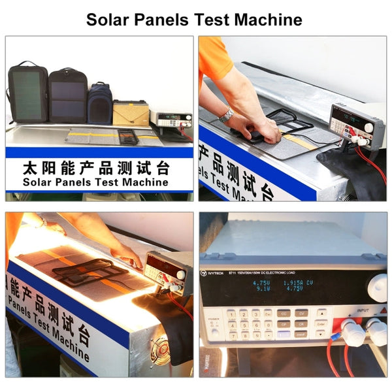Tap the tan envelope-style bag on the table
(131, 113)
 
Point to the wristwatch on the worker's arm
(227, 116)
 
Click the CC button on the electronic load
(284, 314)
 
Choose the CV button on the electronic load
(301, 314)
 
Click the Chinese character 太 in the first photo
(30, 168)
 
